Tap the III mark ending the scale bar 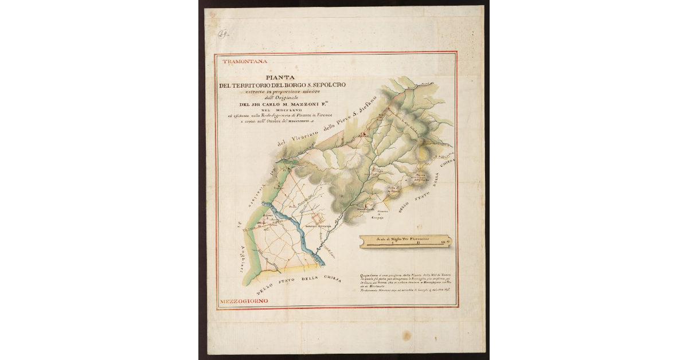tap(444, 244)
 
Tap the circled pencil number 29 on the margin tap(222, 34)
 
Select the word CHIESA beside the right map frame tap(447, 167)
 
